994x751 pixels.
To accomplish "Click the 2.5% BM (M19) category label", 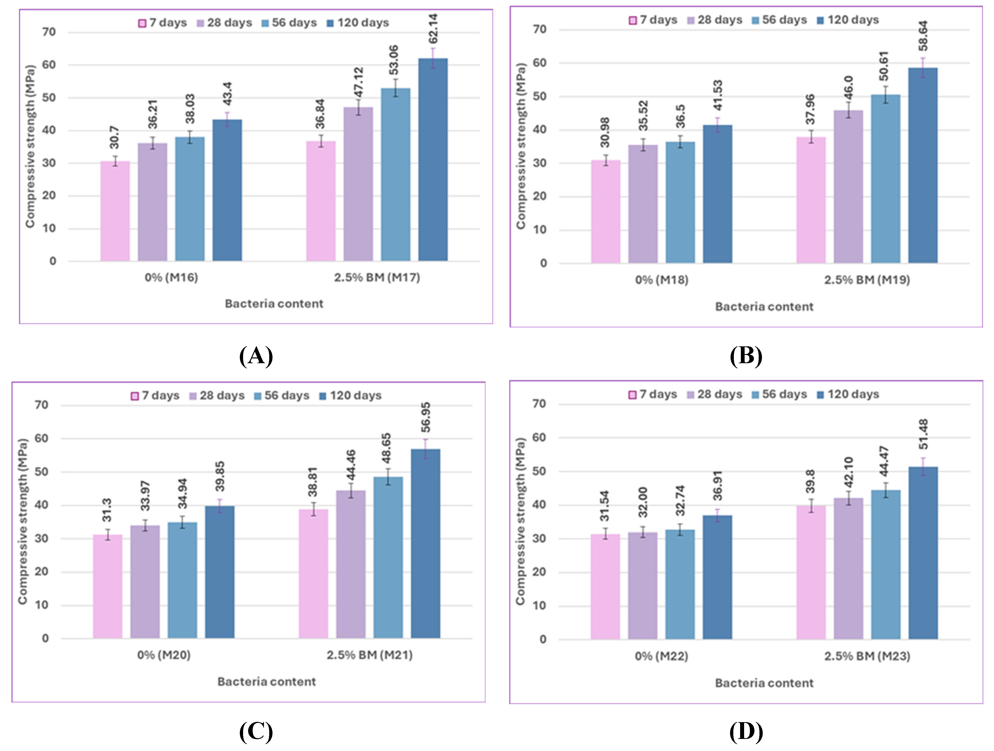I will point(867,280).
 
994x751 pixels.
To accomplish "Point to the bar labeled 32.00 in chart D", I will point(643,586).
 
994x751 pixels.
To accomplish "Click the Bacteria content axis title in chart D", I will point(764,683).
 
